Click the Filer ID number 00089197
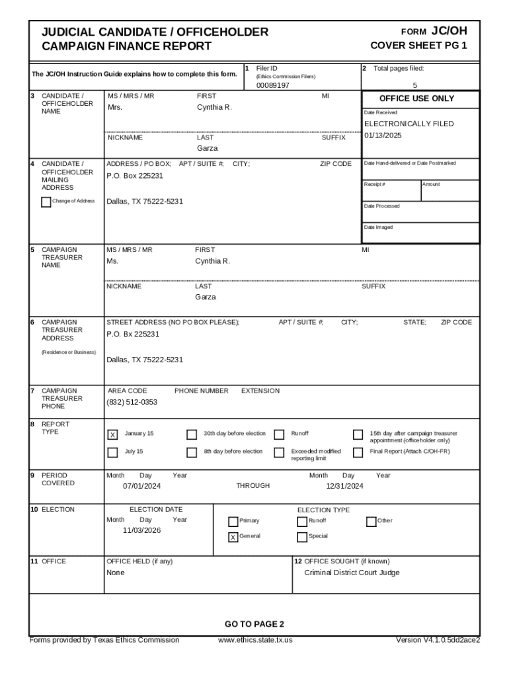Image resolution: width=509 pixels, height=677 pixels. [272, 85]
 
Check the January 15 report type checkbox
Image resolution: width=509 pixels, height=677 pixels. [112, 434]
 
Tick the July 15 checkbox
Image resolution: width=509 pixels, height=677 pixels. [112, 452]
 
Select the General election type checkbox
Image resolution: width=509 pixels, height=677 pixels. [233, 537]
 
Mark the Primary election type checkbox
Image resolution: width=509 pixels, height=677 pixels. [233, 521]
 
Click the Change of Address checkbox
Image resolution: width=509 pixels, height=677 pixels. [46, 202]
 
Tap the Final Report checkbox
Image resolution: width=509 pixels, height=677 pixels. [358, 452]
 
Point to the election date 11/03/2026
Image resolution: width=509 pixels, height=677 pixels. [141, 530]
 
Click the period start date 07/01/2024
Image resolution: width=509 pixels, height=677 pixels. [141, 486]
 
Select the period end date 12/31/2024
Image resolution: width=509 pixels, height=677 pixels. [344, 486]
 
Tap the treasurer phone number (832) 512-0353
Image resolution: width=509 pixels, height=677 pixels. [132, 402]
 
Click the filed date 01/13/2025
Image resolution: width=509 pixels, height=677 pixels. [383, 136]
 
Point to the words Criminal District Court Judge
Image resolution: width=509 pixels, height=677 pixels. [352, 573]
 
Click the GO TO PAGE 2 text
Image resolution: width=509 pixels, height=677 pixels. [255, 624]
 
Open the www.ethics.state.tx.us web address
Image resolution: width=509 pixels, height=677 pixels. [255, 640]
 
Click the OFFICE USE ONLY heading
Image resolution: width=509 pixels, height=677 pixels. [416, 99]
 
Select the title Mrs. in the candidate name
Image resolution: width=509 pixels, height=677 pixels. [114, 107]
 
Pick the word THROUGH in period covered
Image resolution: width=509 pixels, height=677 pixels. [253, 486]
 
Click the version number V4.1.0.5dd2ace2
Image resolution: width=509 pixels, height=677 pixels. [437, 640]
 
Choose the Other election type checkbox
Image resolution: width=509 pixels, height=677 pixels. [371, 521]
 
